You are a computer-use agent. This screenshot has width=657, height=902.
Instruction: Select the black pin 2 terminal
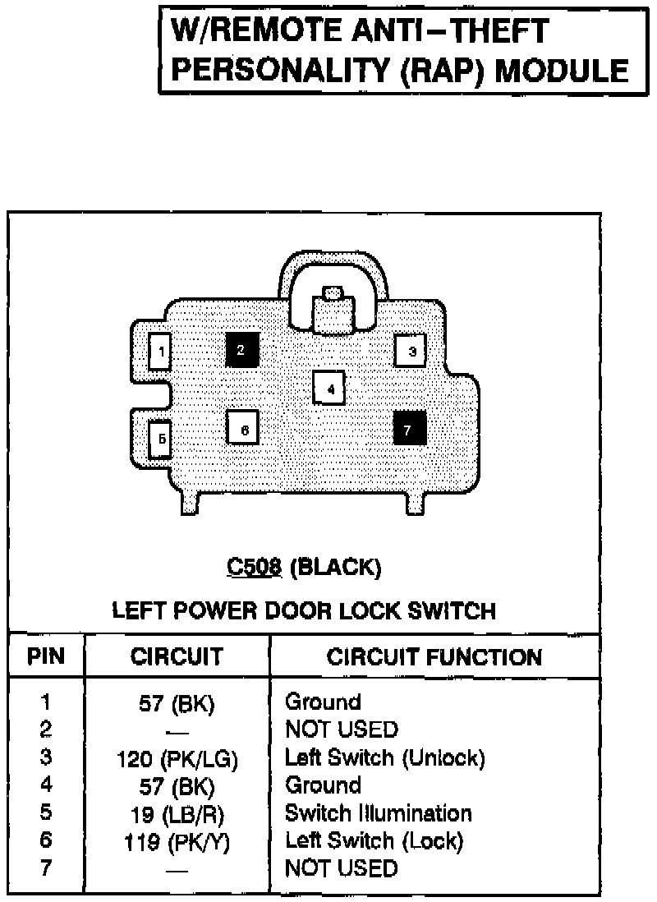(x=241, y=350)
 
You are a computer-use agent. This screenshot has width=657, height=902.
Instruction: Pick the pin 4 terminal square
(x=329, y=389)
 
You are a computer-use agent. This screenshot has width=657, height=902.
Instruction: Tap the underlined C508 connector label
(x=254, y=567)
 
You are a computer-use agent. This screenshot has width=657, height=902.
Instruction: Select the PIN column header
(x=46, y=657)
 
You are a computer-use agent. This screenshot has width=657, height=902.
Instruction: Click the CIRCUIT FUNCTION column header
(x=434, y=657)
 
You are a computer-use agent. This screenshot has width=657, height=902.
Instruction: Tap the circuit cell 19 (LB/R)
(x=177, y=815)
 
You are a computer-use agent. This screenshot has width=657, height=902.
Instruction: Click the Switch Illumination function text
(x=378, y=813)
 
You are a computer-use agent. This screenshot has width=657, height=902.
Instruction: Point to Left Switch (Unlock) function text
(x=384, y=757)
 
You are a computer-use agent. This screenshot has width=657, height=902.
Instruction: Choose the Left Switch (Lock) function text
(x=374, y=840)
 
